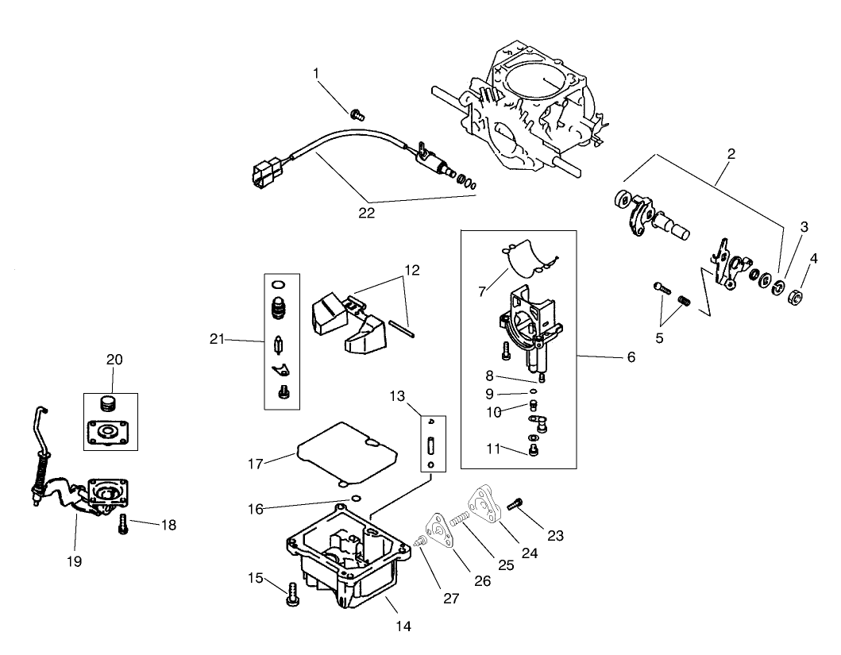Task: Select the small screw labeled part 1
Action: (357, 114)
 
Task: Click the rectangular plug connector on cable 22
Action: (266, 171)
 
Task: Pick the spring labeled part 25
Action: (461, 519)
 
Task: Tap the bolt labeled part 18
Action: (123, 525)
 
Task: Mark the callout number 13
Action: (397, 395)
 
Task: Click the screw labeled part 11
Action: (534, 451)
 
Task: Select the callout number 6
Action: (631, 357)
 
